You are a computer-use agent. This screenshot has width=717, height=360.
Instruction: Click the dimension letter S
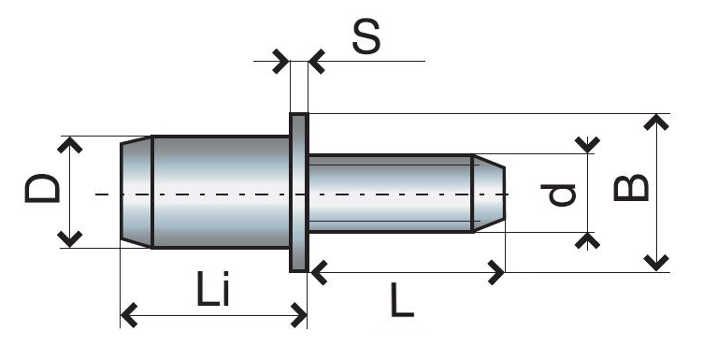pyautogui.click(x=366, y=36)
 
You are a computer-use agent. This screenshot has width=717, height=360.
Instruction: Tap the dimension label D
pyautogui.click(x=42, y=188)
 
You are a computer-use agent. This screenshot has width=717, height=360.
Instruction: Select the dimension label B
pyautogui.click(x=631, y=188)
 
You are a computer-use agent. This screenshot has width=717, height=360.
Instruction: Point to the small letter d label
pyautogui.click(x=558, y=194)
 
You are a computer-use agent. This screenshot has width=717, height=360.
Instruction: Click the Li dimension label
pyautogui.click(x=213, y=289)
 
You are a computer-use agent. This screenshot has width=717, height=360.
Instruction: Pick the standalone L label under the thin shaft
pyautogui.click(x=402, y=300)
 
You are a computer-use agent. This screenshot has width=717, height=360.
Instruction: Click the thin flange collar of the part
pyautogui.click(x=299, y=193)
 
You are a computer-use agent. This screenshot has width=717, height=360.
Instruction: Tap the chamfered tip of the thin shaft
pyautogui.click(x=489, y=194)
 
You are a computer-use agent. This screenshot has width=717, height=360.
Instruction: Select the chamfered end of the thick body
pyautogui.click(x=136, y=192)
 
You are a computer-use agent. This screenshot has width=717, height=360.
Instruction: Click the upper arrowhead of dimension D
pyautogui.click(x=69, y=145)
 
